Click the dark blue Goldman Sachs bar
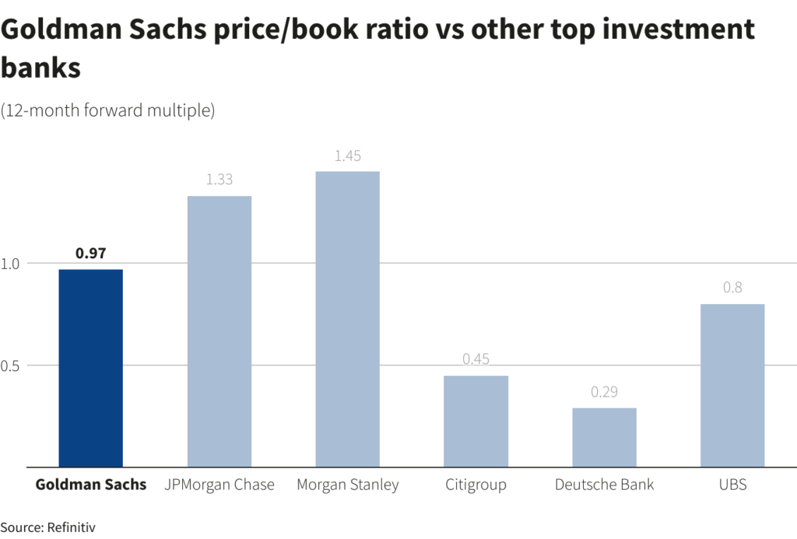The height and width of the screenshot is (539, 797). click(90, 368)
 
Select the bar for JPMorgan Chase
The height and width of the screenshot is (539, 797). click(219, 331)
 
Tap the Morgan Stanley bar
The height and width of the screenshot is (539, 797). click(347, 319)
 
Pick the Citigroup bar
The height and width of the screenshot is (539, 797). click(476, 422)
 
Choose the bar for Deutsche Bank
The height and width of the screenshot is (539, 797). click(604, 437)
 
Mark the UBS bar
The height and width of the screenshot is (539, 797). click(732, 385)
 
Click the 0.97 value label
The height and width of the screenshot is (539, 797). click(90, 253)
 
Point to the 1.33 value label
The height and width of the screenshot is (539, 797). click(219, 180)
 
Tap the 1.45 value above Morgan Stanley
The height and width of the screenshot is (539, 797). click(347, 156)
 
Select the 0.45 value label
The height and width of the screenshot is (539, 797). click(476, 359)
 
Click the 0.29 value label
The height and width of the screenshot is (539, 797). click(604, 392)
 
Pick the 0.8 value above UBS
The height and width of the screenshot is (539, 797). click(732, 288)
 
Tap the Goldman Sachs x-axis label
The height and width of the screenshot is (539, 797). click(90, 485)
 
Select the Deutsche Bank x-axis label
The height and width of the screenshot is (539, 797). click(604, 485)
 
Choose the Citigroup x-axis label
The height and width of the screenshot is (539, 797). click(476, 485)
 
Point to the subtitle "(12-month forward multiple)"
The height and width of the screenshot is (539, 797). click(107, 110)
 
